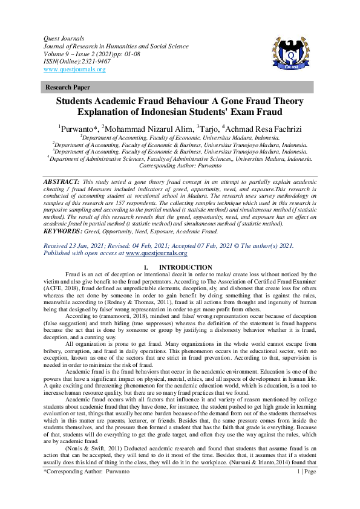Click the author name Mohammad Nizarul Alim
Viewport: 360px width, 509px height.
click(x=147, y=128)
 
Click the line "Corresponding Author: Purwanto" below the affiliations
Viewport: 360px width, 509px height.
click(x=180, y=165)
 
